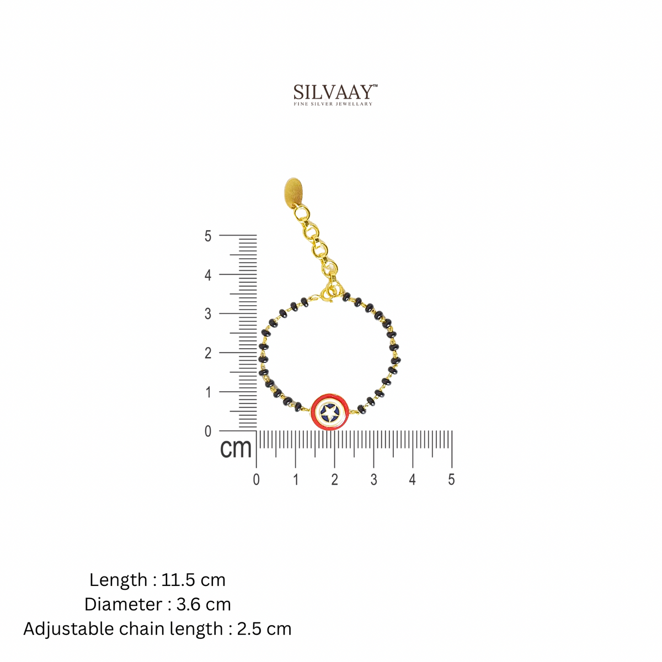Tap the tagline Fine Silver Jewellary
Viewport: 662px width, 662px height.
(x=333, y=104)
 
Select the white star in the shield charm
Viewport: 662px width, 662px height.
(x=330, y=411)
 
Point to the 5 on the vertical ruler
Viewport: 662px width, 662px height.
(x=208, y=236)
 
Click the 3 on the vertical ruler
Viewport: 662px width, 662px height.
(x=208, y=314)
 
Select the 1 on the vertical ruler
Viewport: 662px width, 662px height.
(x=208, y=392)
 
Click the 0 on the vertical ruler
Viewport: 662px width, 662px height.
(x=208, y=431)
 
